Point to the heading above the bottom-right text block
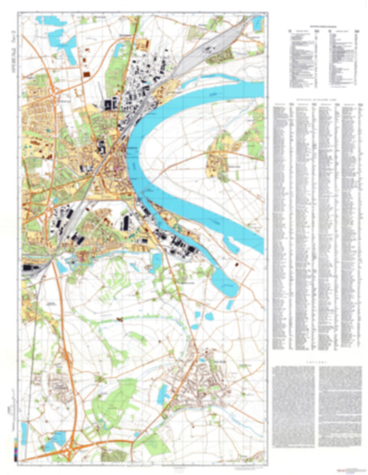point(319,360)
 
